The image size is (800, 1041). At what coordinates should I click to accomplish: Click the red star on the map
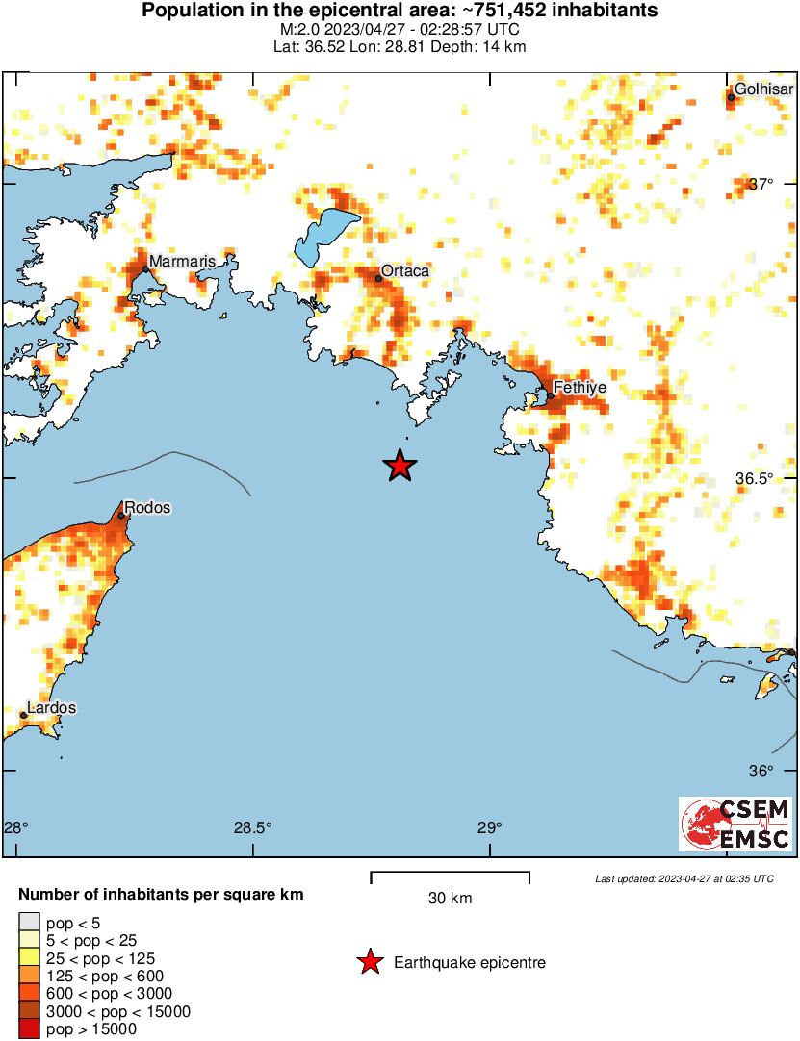tap(400, 466)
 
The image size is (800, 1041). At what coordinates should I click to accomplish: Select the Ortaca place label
tap(405, 271)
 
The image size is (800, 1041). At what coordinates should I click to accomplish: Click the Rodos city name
tap(148, 507)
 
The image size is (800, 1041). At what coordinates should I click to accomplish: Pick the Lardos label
tap(51, 708)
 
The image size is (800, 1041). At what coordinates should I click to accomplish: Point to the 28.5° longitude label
tap(252, 827)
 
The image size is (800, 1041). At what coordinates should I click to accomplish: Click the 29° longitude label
tap(490, 827)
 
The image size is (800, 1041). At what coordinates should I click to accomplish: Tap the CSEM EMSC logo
tap(736, 824)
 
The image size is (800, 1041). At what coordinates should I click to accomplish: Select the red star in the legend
tap(369, 962)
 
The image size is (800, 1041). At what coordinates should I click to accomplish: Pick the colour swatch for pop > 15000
tap(29, 1028)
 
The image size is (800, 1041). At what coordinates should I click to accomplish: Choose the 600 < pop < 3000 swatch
tap(29, 994)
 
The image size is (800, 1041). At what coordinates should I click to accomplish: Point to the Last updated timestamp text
tap(684, 878)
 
